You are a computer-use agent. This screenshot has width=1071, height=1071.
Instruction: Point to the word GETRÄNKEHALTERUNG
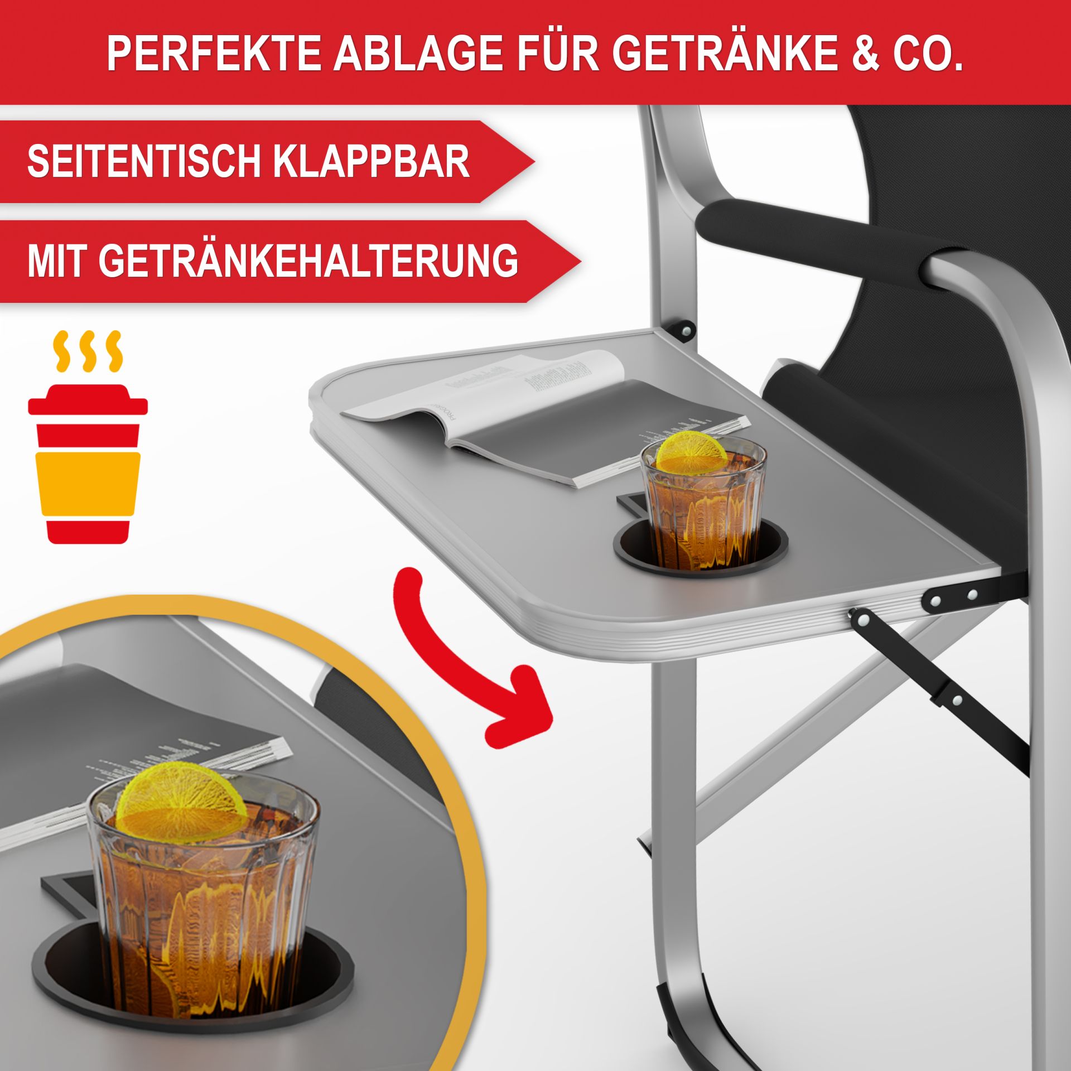273,260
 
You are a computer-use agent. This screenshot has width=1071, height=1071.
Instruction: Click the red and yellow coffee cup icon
88,463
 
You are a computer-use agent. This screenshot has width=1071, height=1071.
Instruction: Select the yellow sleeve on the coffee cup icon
88,483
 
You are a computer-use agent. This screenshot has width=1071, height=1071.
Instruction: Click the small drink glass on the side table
703,502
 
